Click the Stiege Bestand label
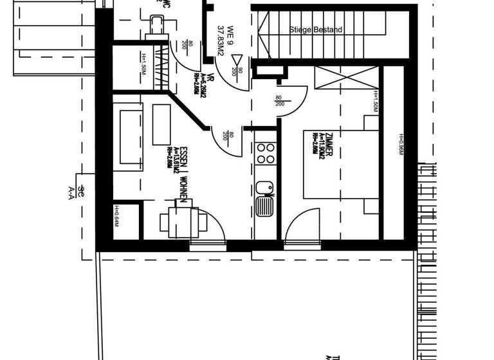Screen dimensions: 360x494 [x=316, y=30]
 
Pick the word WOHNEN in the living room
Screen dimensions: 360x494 [x=183, y=190]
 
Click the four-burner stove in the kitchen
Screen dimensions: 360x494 [x=265, y=153]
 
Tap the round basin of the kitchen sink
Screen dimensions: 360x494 [x=262, y=187]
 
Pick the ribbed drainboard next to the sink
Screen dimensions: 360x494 [x=264, y=206]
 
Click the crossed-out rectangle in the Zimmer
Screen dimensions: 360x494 [x=347, y=79]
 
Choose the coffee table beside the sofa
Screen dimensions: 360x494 [x=161, y=124]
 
